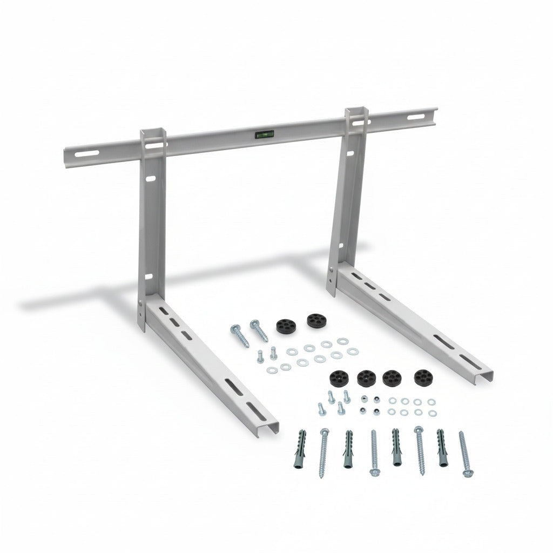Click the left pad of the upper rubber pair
(x=283, y=326)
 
